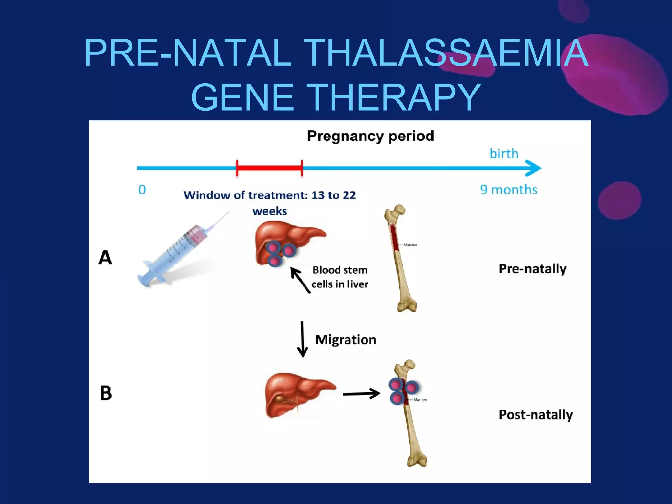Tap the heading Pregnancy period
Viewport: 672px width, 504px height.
point(370,136)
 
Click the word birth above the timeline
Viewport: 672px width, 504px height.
point(504,154)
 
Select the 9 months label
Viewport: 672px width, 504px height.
point(509,190)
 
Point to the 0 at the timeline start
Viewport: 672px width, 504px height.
point(142,190)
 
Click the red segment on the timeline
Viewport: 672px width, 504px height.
point(269,168)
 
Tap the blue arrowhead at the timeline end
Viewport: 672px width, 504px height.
point(534,168)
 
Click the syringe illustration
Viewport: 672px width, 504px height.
point(177,253)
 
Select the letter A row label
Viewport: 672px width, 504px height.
point(105,258)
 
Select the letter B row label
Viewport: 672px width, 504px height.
point(106,393)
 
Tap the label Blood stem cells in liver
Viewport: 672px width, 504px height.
point(340,277)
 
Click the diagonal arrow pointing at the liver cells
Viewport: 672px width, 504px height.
point(300,280)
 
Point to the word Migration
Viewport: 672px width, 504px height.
point(346,340)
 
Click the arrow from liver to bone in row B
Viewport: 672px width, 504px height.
point(361,393)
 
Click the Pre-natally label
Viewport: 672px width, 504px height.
point(533,269)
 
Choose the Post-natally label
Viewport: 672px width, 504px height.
point(535,415)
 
